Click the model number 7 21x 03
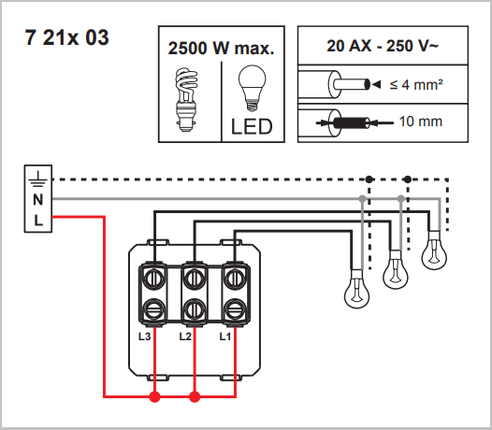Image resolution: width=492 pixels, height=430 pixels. coord(66,37)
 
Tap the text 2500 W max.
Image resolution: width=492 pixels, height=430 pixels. coord(221,49)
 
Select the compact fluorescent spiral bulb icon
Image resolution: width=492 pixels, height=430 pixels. coord(186,99)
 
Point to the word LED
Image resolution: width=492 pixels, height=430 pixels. coord(252,127)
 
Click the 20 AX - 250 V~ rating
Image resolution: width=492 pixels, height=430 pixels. coord(383,46)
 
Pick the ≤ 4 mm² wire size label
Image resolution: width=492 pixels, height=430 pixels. coord(416,85)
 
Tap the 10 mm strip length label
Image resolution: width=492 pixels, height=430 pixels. coord(421,122)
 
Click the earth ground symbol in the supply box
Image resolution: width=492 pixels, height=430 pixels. coord(38,179)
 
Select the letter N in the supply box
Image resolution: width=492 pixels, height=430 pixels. coord(38,200)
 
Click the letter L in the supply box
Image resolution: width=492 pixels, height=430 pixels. coord(38,221)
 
